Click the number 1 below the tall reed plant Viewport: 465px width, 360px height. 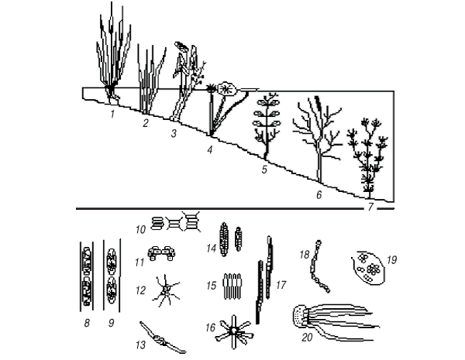point(112,114)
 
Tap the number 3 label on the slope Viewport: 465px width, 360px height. point(174,133)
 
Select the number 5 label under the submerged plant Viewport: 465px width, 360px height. point(264,170)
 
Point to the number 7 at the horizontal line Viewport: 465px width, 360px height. point(370,207)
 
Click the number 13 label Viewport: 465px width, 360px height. point(141,345)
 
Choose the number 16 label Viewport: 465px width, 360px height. point(210,327)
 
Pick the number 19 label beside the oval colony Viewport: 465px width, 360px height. point(391,260)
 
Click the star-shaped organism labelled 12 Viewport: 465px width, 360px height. point(166,290)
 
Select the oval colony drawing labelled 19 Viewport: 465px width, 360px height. point(369,268)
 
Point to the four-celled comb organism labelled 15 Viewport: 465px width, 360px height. point(232,286)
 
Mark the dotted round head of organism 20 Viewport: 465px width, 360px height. point(300,317)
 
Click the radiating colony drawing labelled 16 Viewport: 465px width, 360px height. point(234,332)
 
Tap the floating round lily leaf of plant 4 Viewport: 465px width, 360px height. point(226,88)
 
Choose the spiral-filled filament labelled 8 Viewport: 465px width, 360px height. point(87,276)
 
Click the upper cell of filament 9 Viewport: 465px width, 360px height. point(112,260)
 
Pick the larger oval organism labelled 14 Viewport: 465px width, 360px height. point(224,239)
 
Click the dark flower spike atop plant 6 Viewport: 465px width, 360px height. point(318,102)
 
